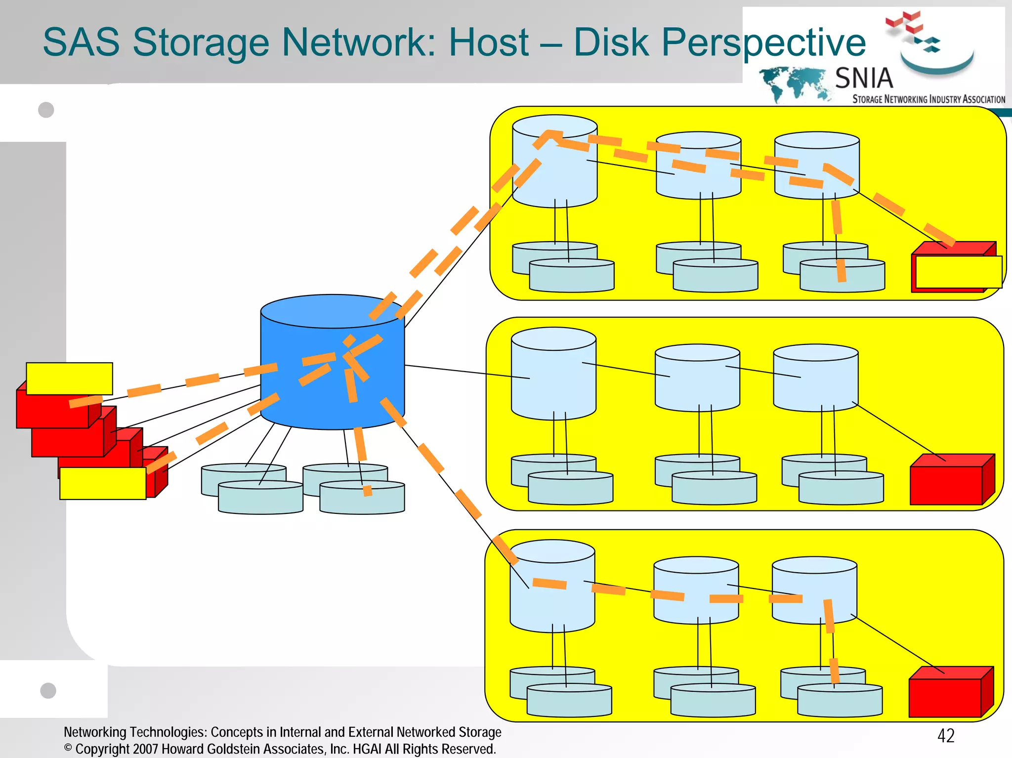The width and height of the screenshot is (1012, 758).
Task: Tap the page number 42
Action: click(946, 736)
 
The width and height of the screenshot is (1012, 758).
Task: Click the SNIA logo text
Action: click(864, 78)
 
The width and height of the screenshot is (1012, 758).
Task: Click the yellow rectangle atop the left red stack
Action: click(69, 379)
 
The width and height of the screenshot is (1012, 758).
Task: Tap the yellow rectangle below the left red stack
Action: click(103, 483)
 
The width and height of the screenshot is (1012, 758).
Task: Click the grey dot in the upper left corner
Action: click(46, 110)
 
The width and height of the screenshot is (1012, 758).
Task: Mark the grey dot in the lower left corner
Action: click(48, 690)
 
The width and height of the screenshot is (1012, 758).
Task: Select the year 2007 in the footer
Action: click(145, 749)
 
